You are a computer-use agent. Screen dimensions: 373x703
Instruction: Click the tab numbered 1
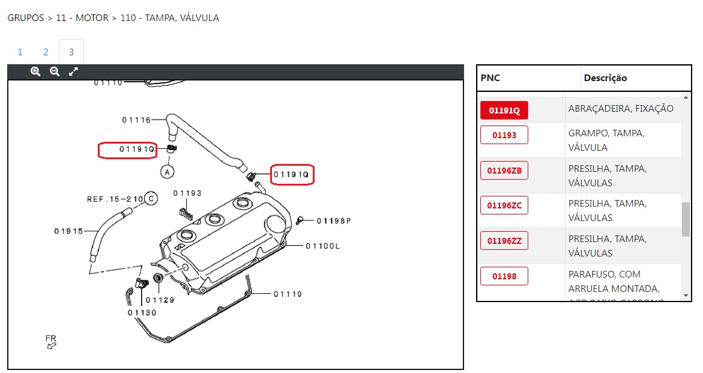pyautogui.click(x=20, y=52)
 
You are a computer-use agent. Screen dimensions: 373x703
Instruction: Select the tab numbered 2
pyautogui.click(x=46, y=52)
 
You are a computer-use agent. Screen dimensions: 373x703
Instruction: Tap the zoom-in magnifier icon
pyautogui.click(x=35, y=71)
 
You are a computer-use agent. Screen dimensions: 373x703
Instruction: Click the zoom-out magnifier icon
pyautogui.click(x=55, y=71)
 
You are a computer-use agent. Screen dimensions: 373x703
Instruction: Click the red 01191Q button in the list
pyautogui.click(x=504, y=111)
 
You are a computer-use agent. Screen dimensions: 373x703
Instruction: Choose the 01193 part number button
pyautogui.click(x=504, y=135)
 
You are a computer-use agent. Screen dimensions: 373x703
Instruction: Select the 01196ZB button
pyautogui.click(x=504, y=171)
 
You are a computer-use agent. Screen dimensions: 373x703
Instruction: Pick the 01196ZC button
pyautogui.click(x=504, y=206)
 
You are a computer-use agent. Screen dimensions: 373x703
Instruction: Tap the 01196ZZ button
pyautogui.click(x=504, y=241)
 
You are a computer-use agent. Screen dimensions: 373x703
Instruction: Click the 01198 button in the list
pyautogui.click(x=504, y=276)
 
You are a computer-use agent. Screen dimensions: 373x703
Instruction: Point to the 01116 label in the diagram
pyautogui.click(x=136, y=120)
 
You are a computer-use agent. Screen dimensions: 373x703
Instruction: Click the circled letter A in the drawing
pyautogui.click(x=167, y=172)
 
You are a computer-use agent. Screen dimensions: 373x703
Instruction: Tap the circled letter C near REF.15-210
pyautogui.click(x=151, y=198)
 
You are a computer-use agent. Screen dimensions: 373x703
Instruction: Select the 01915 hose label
pyautogui.click(x=68, y=231)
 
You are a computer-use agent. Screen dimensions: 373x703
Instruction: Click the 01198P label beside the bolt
pyautogui.click(x=334, y=221)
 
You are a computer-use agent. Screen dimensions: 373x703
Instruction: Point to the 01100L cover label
pyautogui.click(x=322, y=246)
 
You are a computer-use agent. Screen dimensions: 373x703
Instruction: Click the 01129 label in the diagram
pyautogui.click(x=160, y=300)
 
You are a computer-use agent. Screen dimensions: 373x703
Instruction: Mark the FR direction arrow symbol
pyautogui.click(x=51, y=345)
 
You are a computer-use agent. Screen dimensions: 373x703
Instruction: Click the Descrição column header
pyautogui.click(x=605, y=78)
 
